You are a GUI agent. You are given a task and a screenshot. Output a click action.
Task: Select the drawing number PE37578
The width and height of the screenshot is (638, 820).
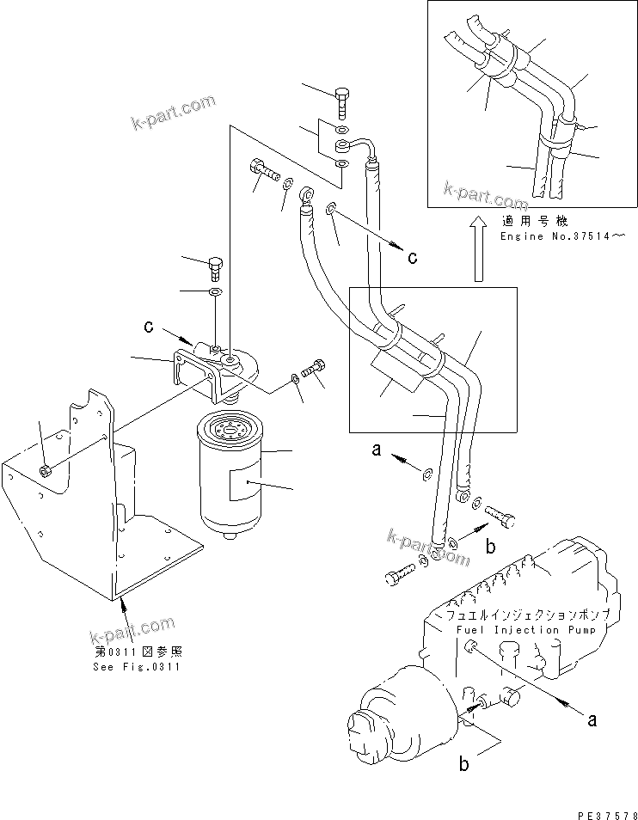602,811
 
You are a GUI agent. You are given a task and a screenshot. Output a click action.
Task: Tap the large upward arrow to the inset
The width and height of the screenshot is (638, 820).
476,248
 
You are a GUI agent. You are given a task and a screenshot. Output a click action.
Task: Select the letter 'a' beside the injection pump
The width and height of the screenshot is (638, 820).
592,720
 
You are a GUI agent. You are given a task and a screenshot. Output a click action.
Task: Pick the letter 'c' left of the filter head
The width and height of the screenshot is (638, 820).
149,327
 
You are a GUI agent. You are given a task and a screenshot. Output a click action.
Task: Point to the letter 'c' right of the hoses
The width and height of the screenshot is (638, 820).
413,257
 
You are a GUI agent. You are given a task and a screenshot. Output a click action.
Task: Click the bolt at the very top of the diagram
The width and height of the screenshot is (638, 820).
342,101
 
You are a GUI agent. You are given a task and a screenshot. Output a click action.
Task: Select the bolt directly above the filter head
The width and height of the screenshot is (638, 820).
215,267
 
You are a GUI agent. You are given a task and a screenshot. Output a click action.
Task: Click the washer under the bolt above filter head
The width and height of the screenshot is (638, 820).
216,293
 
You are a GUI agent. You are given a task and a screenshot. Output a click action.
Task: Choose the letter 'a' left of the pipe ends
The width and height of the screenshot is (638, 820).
375,450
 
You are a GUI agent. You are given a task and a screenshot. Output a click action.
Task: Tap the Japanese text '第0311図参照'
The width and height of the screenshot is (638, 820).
138,652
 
